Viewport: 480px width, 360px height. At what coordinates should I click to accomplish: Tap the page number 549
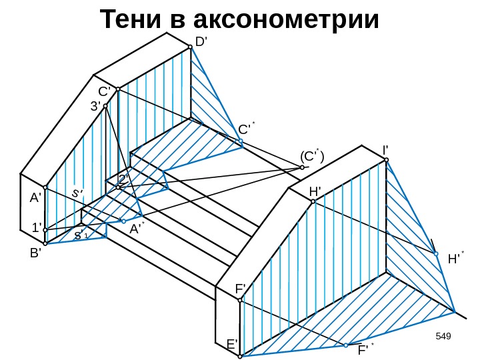(x=443, y=334)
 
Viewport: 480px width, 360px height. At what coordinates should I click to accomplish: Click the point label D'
(x=202, y=43)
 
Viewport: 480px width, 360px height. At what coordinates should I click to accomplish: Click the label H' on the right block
(x=315, y=192)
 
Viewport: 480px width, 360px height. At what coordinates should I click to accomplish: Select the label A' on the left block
(x=35, y=198)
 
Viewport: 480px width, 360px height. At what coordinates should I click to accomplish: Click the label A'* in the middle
(x=137, y=229)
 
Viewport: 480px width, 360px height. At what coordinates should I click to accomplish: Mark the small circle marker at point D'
(x=190, y=47)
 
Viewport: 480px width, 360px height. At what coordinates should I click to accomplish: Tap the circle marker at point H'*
(x=435, y=254)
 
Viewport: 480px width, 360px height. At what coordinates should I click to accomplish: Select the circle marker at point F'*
(x=347, y=345)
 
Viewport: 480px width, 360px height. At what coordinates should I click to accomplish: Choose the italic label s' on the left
(x=77, y=193)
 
